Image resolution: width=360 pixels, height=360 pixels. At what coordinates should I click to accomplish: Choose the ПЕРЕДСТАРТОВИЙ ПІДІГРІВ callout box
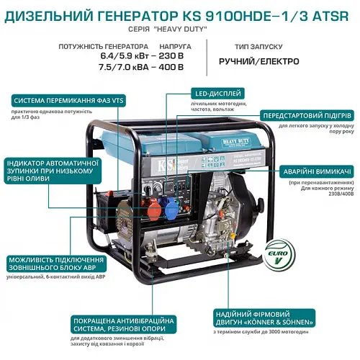(306, 115)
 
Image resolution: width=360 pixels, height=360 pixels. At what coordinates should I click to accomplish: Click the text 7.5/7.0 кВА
(116, 68)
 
